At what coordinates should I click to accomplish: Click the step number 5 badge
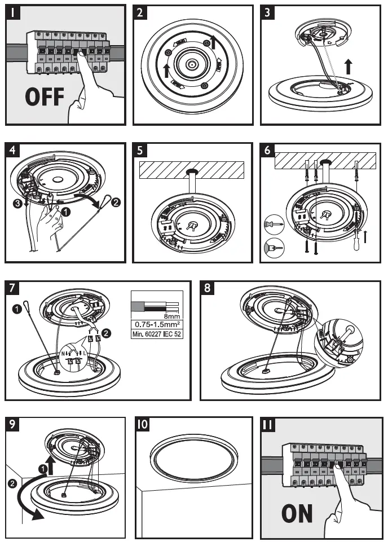(140, 151)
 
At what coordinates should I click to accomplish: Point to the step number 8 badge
(209, 288)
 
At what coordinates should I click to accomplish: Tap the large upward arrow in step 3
(349, 67)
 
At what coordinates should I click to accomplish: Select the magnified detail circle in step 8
(341, 342)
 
